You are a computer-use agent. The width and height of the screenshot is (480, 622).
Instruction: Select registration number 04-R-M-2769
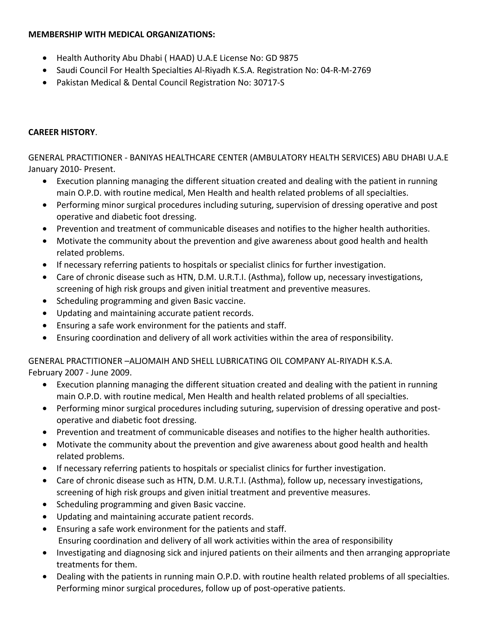point(346,70)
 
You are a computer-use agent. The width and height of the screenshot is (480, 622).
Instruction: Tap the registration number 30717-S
point(269,83)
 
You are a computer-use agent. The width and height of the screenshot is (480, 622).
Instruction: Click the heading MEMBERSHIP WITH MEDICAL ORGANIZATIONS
point(122,35)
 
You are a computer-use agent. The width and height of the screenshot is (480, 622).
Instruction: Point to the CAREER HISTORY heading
point(61,132)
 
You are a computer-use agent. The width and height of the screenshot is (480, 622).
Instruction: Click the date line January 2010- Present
point(72,169)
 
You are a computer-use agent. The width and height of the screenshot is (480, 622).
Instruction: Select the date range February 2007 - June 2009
point(80,372)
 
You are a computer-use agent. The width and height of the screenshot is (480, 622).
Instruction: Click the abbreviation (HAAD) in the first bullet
point(182,58)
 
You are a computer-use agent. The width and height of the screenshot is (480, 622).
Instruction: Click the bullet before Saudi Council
point(45,70)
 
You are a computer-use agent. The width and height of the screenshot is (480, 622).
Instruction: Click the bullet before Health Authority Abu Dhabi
point(45,58)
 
